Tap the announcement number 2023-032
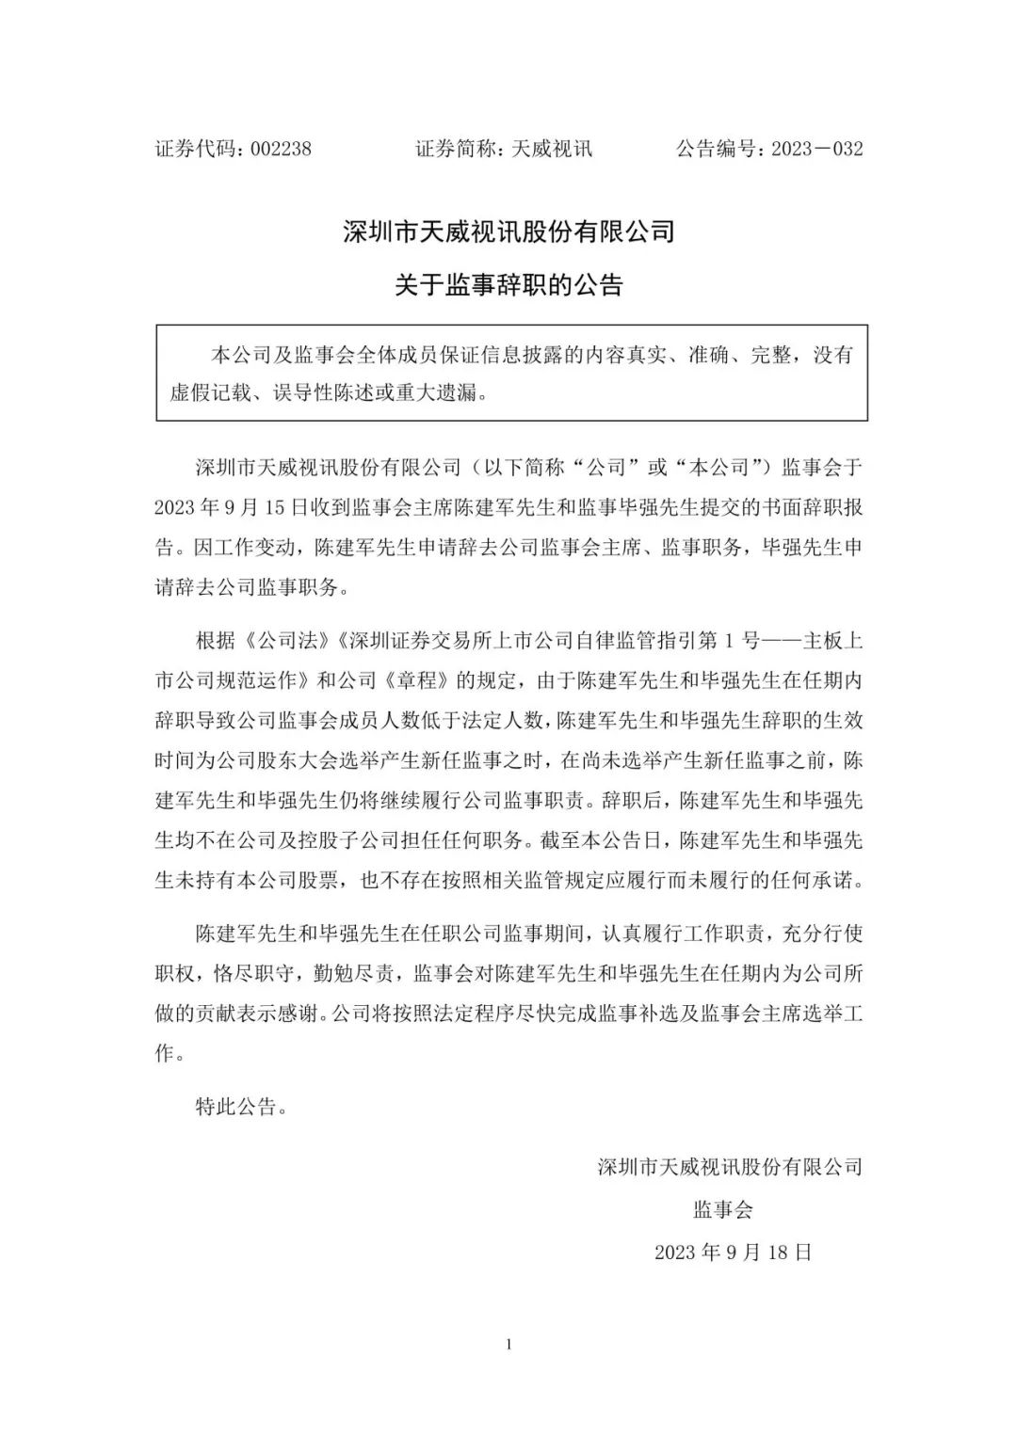point(816,149)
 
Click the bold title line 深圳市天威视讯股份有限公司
point(508,232)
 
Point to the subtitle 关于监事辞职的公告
point(508,284)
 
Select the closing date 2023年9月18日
point(733,1252)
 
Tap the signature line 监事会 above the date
point(723,1209)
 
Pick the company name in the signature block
point(730,1167)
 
